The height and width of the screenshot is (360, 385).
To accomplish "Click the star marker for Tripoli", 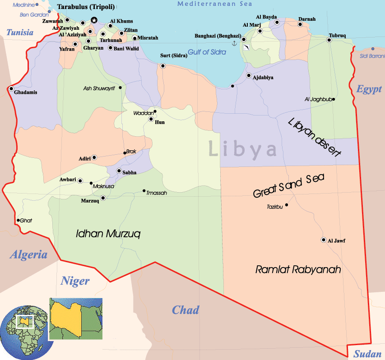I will [94, 20].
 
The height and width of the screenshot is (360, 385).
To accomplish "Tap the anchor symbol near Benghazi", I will [234, 43].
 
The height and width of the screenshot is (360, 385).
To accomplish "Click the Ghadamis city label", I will [26, 92].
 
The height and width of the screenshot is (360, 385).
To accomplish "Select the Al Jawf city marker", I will [323, 240].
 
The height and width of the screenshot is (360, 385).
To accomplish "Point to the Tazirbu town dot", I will [287, 205].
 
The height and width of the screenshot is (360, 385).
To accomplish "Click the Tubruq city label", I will [337, 35].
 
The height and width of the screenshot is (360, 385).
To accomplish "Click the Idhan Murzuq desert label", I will [108, 234].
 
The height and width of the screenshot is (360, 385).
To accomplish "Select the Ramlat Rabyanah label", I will [298, 270].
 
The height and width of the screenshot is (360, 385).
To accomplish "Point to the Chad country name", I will [186, 310].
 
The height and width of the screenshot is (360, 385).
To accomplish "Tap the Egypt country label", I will [369, 89].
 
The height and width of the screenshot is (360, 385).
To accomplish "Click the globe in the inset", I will [24, 333].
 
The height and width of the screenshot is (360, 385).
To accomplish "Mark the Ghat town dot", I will [18, 221].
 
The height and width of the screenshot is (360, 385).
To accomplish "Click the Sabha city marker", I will [119, 171].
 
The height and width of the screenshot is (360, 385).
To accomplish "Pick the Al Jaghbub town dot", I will [334, 99].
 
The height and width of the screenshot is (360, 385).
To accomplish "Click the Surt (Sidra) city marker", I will [163, 66].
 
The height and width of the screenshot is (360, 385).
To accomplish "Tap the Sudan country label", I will [367, 354].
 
